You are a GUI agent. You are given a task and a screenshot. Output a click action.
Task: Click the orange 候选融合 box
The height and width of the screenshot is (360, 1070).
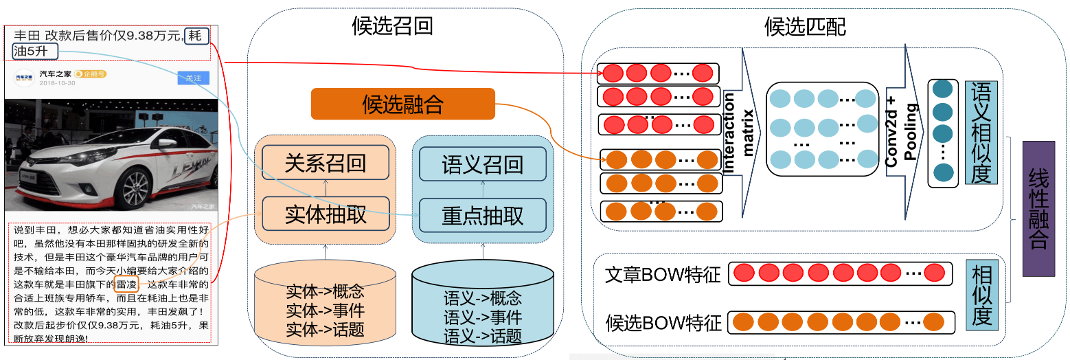pos(403,104)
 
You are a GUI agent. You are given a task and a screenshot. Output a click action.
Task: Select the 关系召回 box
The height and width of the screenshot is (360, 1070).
pos(326,163)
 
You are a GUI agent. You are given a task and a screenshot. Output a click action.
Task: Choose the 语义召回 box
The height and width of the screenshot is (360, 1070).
pos(482,164)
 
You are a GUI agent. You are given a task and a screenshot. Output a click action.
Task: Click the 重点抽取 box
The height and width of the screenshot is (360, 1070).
pos(482,215)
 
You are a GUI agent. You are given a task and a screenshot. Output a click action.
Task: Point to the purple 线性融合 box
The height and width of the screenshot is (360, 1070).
pos(1038,209)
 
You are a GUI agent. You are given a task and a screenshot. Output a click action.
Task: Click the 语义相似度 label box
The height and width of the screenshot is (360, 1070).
pos(981,133)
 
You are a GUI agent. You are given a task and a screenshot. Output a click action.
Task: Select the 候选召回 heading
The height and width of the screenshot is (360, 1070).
pos(392,26)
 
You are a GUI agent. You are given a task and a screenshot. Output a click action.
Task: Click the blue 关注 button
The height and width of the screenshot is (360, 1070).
pos(193,78)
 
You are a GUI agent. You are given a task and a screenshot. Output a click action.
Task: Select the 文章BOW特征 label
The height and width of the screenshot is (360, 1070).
pos(663,274)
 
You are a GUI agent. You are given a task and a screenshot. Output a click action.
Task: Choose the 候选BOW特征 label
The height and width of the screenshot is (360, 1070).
pos(663,322)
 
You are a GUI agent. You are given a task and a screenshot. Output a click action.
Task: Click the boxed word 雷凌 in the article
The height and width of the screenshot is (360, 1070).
pos(127,284)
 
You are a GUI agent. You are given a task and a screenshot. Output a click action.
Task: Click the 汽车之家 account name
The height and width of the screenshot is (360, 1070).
pos(55,74)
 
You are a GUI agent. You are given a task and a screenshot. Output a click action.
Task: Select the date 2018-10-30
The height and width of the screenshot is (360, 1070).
pos(57,83)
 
